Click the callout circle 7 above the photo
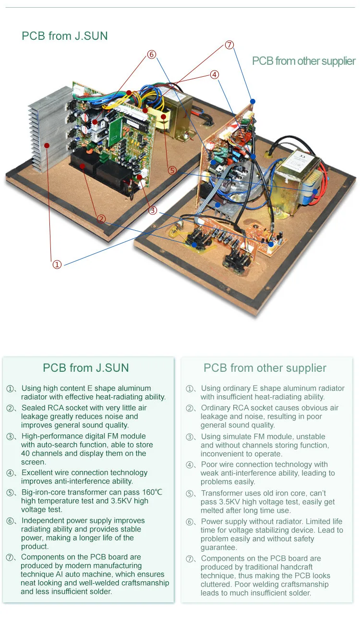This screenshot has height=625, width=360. pos(229,45)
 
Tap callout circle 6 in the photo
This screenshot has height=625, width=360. pos(152,54)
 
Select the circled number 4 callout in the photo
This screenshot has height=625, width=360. pos(215,74)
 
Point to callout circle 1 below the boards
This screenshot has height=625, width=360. pos(57,264)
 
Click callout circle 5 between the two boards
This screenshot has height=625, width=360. pos(172,170)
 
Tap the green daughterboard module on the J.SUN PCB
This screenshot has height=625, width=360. pos(115,131)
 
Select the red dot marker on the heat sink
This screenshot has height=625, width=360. pos(47,145)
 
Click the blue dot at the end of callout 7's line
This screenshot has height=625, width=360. pos(252,101)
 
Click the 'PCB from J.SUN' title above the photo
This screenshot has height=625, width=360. pos(65,36)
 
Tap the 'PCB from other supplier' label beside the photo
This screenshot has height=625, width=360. pos(303,61)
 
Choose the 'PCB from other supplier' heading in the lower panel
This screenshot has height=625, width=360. pos(265,368)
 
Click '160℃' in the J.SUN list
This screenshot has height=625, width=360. pos(152,492)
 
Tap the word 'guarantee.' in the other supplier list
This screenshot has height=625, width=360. pos(219,548)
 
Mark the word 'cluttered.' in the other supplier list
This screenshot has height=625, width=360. pos(216,584)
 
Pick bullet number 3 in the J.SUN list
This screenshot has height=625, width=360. pos(11,436)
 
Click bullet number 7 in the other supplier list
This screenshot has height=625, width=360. pos(190,559)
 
